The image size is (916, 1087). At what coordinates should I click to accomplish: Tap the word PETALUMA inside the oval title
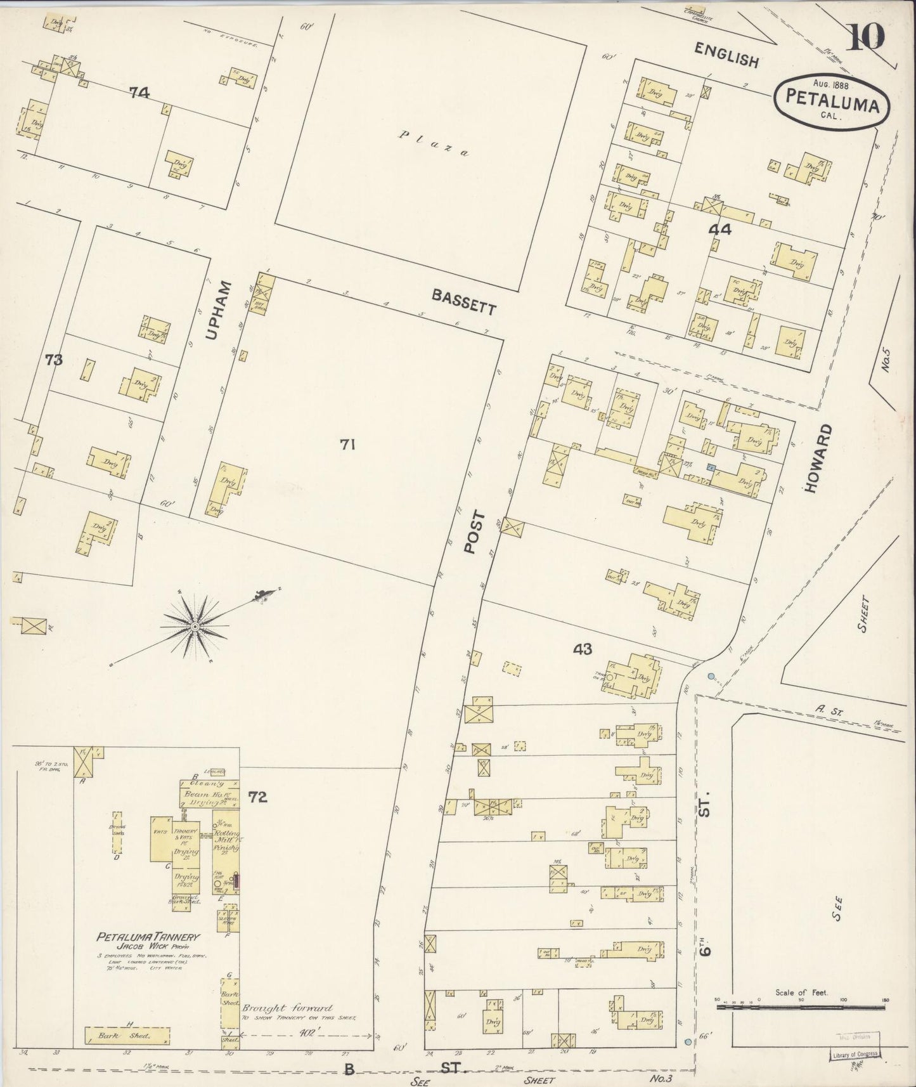coord(832,101)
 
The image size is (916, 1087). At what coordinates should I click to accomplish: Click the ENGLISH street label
coord(726,55)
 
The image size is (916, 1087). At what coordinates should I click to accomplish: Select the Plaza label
coord(431,143)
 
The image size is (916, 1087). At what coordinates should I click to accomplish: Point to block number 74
coord(139,93)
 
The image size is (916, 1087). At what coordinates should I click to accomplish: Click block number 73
coord(55,360)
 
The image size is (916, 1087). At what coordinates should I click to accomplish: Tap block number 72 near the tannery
coord(258,797)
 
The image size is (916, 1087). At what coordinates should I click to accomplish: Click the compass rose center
coord(195,627)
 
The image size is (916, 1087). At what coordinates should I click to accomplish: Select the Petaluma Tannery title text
coord(148,936)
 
